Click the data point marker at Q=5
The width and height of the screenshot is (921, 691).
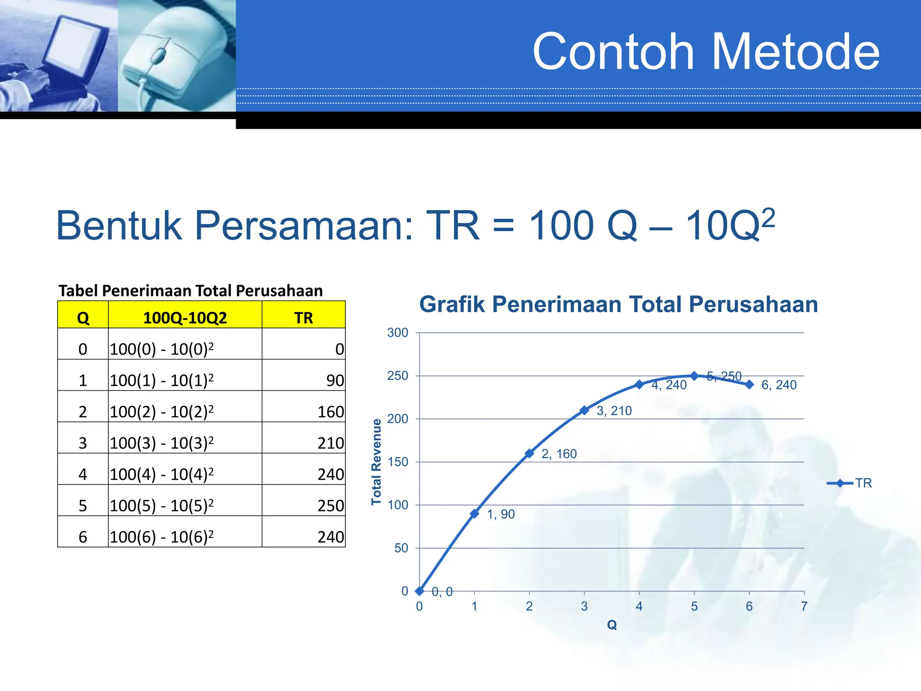694,376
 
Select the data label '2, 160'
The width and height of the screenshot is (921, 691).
559,454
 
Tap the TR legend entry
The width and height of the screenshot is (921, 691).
849,483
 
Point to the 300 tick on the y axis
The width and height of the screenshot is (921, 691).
398,333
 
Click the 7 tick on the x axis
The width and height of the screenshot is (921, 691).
804,606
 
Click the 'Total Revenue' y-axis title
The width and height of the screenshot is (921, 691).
376,462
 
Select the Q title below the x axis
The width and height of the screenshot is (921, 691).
612,625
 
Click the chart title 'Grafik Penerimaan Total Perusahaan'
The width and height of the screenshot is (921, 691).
618,304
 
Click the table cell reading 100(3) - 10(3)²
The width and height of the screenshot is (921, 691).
162,443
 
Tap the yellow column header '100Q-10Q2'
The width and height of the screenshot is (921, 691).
185,318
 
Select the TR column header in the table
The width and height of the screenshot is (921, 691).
304,318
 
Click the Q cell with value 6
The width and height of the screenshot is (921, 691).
83,537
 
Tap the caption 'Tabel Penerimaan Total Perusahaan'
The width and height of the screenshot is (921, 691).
191,291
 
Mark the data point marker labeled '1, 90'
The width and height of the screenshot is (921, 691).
474,513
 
